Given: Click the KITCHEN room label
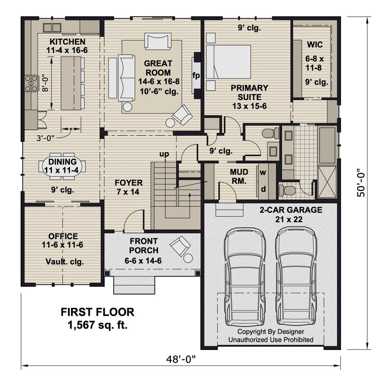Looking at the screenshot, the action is pos(67,42).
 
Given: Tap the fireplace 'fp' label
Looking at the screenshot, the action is pos(196,75).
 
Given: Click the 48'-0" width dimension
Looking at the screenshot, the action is pos(181,359).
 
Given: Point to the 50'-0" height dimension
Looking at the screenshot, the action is pos(361,183).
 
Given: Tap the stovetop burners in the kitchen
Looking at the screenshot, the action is pos(31,84).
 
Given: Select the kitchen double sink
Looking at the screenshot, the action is pos(52,28).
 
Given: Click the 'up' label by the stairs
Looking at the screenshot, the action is pos(164,154).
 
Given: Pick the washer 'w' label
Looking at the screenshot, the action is pos(263,172).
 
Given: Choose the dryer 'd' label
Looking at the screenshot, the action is pos(263,189).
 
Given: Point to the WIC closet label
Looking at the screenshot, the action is pos(315,45).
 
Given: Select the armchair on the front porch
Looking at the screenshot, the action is pos(180,246).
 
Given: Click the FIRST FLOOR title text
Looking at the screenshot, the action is pos(98,312).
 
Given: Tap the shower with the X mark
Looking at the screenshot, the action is pos(327,182).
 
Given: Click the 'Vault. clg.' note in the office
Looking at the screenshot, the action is pos(65,262).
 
